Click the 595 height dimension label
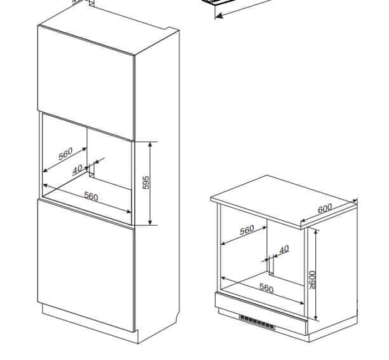tap(146, 183)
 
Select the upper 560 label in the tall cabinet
tap(65, 154)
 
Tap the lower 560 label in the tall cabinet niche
tap(92, 196)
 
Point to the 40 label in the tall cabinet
tap(78, 169)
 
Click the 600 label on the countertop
tap(325, 208)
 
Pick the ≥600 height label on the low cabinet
tap(312, 280)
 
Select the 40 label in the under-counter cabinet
tap(284, 249)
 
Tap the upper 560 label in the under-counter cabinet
tap(247, 230)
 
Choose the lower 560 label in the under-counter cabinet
tap(266, 288)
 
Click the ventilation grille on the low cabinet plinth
tap(257, 322)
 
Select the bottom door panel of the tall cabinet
tap(86, 265)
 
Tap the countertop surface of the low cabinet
tap(283, 200)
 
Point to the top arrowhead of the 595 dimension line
tap(150, 144)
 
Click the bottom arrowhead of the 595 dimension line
tap(150, 223)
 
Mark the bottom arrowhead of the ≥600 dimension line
tap(315, 318)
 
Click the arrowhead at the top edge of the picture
tap(219, 16)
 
